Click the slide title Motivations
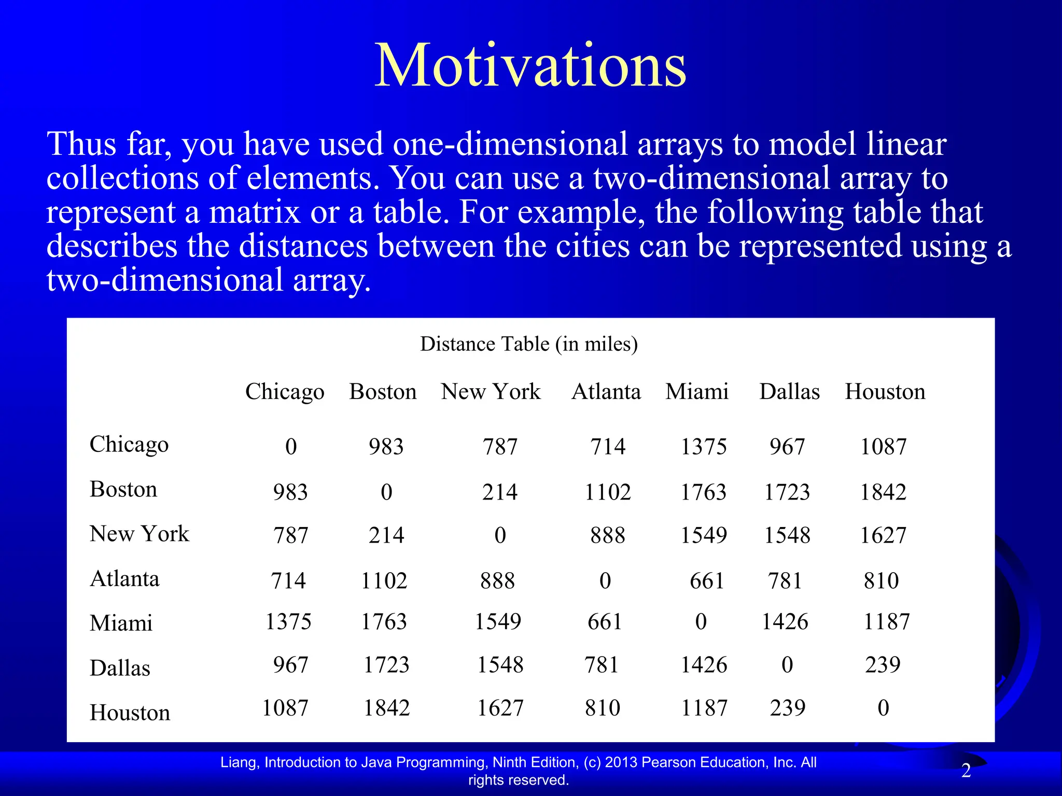click(530, 66)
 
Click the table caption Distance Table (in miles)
click(528, 344)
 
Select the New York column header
click(491, 392)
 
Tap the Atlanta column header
click(606, 392)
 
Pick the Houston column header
click(885, 392)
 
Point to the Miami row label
click(121, 623)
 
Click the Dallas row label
click(120, 668)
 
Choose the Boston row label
click(123, 489)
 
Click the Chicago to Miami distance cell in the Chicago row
click(703, 447)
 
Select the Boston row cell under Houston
click(883, 492)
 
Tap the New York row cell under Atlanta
click(607, 535)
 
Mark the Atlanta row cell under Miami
click(706, 580)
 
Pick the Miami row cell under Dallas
click(785, 621)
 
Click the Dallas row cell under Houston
click(883, 665)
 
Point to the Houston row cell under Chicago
click(285, 708)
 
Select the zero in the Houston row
click(883, 708)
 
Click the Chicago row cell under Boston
click(386, 447)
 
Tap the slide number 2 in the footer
click(966, 771)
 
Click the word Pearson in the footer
click(669, 762)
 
